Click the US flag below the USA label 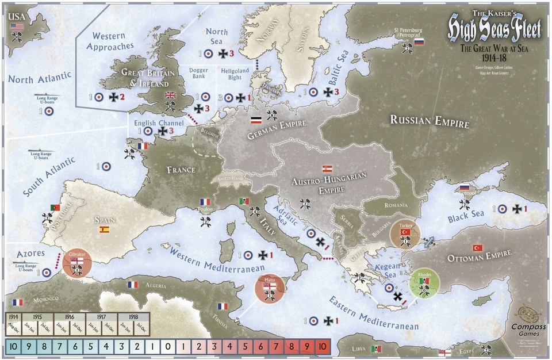click(17, 26)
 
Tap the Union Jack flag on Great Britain click(170, 95)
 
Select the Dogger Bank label click(198, 73)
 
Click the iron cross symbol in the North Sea click(223, 53)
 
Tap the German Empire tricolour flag click(256, 121)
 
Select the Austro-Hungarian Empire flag click(327, 168)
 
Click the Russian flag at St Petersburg click(419, 42)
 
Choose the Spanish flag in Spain click(104, 229)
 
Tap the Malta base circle click(270, 291)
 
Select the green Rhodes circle click(425, 285)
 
